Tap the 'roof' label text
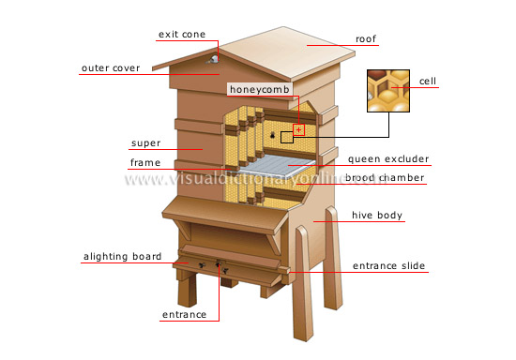[x=365, y=39]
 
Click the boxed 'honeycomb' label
[x=258, y=89]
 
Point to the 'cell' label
[x=427, y=82]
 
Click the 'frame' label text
[x=144, y=163]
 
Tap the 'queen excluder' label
[x=387, y=159]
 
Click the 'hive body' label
[x=377, y=216]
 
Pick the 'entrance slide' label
[x=388, y=266]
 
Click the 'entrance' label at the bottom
[x=184, y=314]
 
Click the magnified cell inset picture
[x=388, y=91]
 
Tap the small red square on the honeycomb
[x=299, y=129]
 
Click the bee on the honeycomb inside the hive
[x=273, y=137]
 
